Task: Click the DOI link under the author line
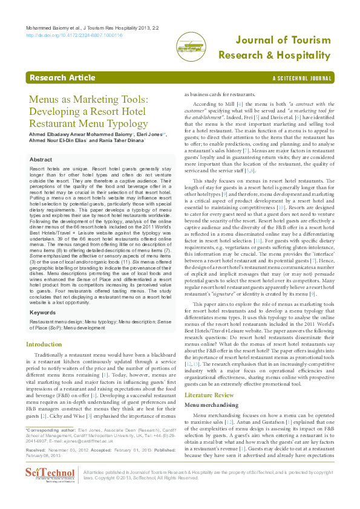(x=74, y=36)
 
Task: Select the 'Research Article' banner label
(x=62, y=78)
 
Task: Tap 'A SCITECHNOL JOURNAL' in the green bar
(x=302, y=79)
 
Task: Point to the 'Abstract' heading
(x=41, y=159)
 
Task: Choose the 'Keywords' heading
(x=44, y=313)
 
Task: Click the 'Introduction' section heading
(x=44, y=344)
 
